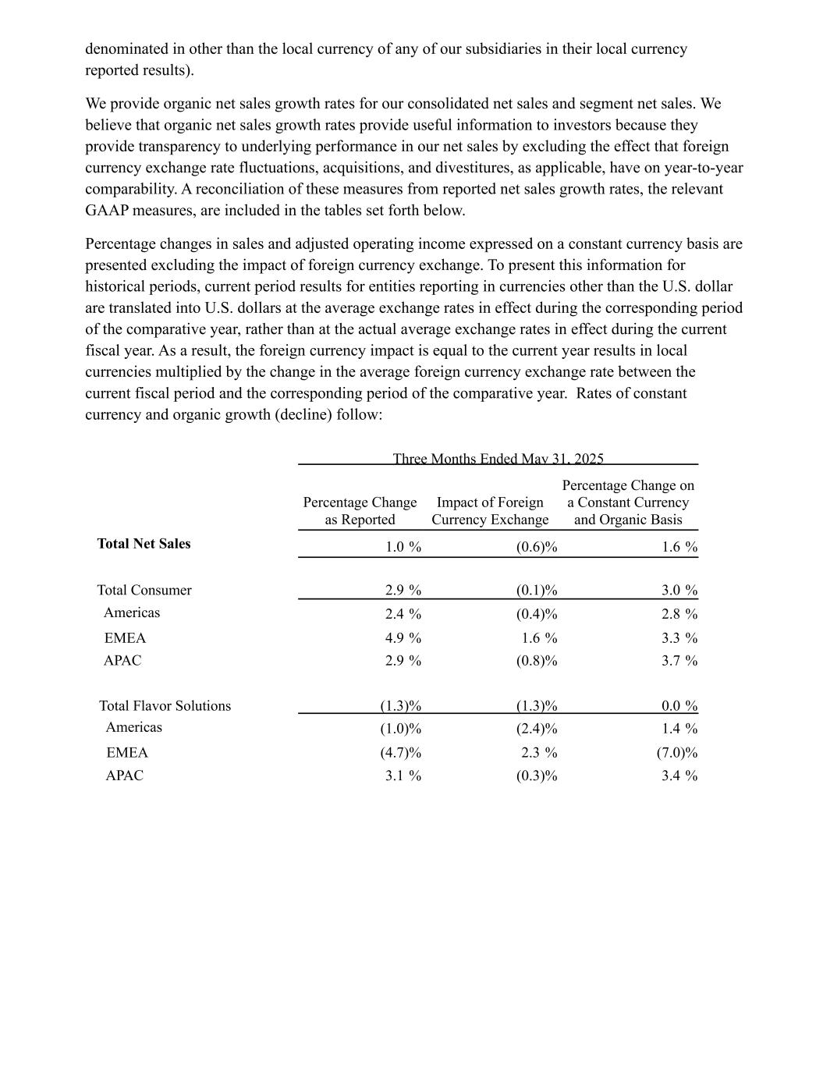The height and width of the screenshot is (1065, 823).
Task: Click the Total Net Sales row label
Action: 144,544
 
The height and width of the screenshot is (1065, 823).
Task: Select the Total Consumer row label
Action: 144,590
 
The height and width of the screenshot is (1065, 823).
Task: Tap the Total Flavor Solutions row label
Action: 165,705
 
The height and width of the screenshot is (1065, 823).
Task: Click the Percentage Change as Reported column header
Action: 360,511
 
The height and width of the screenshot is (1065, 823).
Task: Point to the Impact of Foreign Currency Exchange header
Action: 490,511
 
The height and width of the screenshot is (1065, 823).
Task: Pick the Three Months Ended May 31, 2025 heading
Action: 498,459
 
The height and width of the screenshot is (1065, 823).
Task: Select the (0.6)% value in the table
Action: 537,547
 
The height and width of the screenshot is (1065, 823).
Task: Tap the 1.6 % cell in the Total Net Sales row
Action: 679,547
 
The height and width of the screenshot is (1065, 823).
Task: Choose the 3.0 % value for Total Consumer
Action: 679,590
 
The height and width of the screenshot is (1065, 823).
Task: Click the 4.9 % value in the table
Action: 403,638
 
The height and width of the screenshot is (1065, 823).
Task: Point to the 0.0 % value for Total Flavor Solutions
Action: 679,706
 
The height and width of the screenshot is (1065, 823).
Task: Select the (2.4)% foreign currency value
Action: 537,729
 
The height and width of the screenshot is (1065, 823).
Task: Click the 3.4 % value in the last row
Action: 679,776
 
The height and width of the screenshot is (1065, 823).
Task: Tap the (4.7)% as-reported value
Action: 401,753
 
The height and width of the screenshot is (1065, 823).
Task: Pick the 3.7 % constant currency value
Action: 679,661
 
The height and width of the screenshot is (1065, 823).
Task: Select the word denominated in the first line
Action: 126,49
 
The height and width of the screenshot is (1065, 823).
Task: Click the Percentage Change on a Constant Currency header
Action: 628,502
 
